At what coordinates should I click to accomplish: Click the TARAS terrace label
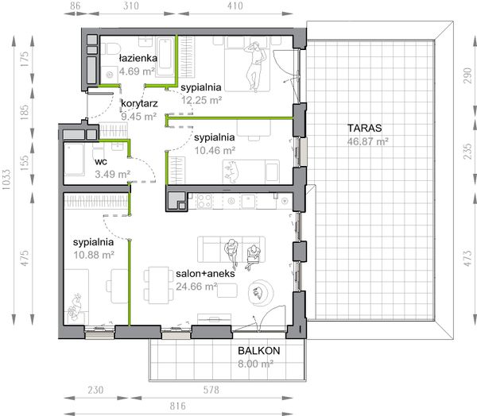coord(364,129)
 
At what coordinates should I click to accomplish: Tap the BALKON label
coord(259,351)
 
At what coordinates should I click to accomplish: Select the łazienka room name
coord(138,58)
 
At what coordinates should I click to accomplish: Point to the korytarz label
coord(139,104)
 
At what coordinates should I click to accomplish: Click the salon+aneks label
coord(205,273)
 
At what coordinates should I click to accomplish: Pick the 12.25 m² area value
coord(201,100)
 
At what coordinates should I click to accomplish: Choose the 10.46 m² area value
coord(215,150)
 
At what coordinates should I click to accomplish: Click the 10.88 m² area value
coord(94,255)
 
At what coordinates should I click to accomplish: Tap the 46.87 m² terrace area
coord(368,141)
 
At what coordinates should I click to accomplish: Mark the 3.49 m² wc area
coord(113,174)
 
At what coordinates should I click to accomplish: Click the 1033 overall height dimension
coord(6,180)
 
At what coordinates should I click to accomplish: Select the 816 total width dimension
coord(177,406)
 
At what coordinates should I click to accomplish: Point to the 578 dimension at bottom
coord(211,390)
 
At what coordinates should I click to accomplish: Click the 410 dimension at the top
coord(235,6)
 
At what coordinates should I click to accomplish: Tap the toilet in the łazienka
coord(111,48)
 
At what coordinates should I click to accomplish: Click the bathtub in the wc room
coord(75,160)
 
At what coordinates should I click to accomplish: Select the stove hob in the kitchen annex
coord(204,201)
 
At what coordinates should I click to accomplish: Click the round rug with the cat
coord(261,293)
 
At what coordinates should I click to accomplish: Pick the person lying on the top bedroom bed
coord(256,66)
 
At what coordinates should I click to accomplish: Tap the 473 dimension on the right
coord(468,258)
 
